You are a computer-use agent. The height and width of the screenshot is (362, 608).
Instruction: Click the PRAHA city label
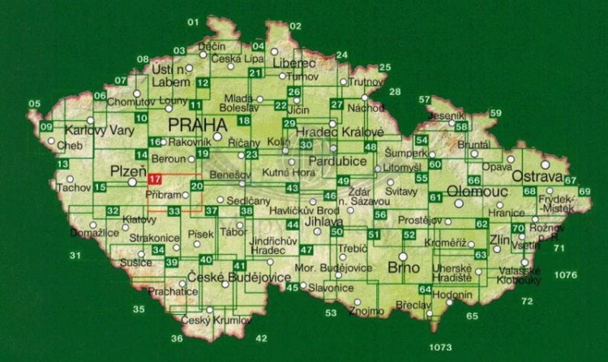point(196,125)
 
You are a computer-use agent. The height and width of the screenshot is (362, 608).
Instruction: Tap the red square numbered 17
point(156,179)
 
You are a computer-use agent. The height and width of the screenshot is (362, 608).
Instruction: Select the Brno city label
point(403,267)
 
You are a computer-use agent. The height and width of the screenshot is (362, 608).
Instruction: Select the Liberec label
point(293,63)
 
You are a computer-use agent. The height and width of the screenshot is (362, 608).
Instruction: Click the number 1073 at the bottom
point(435,348)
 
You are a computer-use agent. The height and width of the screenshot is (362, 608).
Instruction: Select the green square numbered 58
point(461,127)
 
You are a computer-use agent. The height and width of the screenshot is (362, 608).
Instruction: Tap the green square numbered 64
point(424,290)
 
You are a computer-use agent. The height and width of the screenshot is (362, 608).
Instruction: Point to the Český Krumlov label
point(207,321)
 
